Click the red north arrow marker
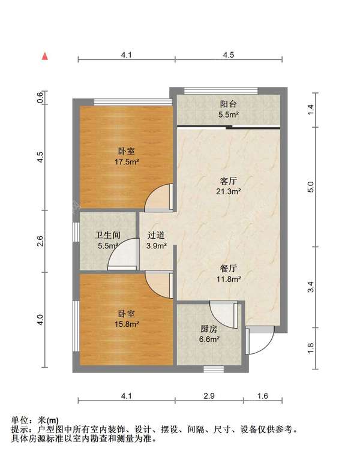pos(44,56)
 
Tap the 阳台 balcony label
pos(228,104)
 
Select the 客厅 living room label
pos(228,181)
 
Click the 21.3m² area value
pos(228,191)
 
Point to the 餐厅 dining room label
pos(228,268)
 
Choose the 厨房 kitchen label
pos(209,329)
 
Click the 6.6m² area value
pos(209,339)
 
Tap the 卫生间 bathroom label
pos(107,235)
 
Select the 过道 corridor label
pos(156,235)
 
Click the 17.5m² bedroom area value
pos(127,162)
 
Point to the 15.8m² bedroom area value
pos(127,324)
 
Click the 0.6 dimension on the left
pos(40,97)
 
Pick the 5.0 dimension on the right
pos(310,187)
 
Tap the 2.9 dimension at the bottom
pos(209,396)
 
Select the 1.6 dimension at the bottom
pos(263,396)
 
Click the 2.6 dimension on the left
pos(40,241)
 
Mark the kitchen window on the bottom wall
pos(214,369)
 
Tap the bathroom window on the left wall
pos(76,232)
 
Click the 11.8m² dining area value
pos(229,279)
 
